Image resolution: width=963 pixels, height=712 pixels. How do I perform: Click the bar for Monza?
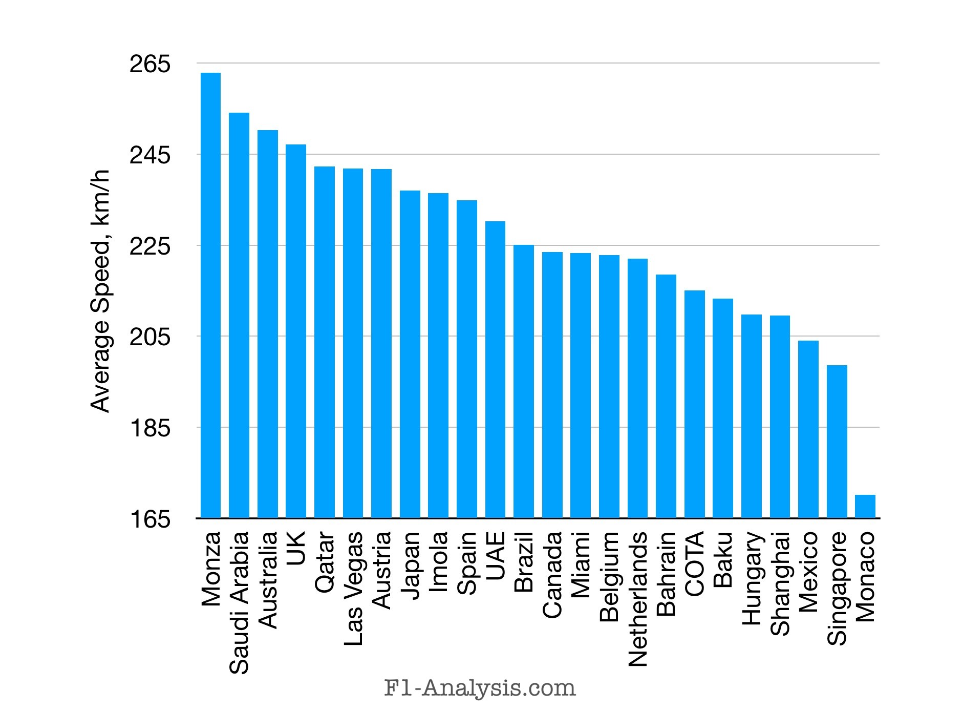click(x=210, y=296)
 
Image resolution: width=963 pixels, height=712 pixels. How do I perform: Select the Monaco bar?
click(x=865, y=507)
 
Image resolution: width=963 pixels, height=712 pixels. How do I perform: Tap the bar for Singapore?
click(x=837, y=442)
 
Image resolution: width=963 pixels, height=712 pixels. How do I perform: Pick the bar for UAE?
click(x=495, y=370)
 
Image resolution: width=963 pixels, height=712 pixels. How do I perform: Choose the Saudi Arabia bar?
click(x=239, y=316)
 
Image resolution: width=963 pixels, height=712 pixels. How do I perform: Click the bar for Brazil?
click(x=524, y=382)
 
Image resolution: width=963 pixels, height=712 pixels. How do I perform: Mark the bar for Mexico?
click(x=808, y=429)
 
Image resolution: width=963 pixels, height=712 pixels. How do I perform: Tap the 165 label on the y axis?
click(x=149, y=519)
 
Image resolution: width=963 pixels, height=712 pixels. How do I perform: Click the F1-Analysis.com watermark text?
click(x=480, y=688)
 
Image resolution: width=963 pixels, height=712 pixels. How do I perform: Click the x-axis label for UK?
click(x=296, y=547)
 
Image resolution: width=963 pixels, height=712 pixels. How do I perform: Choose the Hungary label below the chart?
click(x=752, y=579)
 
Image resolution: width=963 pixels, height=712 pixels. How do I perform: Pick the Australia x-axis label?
click(x=268, y=580)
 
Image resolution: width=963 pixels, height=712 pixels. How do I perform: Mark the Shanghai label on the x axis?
click(x=780, y=584)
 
